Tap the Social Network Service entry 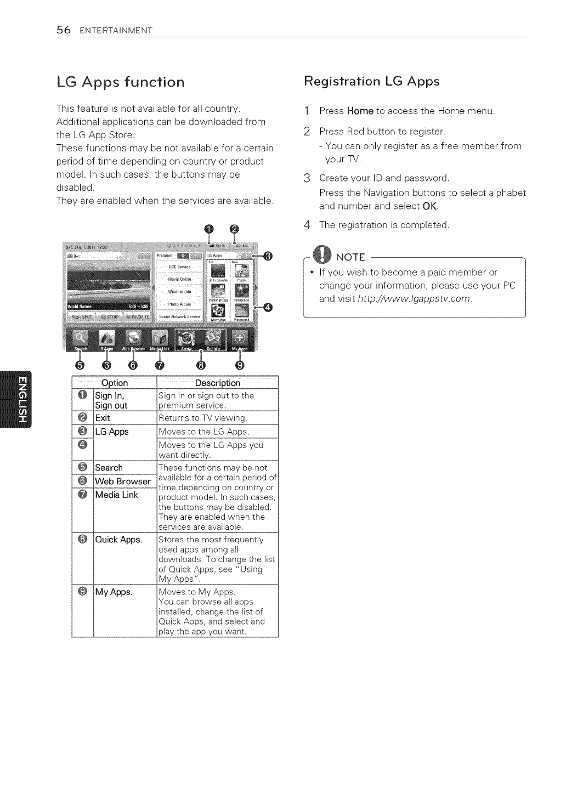tap(179, 316)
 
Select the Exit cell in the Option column tap(103, 418)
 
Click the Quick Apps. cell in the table tap(118, 540)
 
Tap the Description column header tap(217, 383)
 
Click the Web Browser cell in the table tap(123, 481)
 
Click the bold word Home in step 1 tap(360, 111)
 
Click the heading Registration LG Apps tap(371, 81)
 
